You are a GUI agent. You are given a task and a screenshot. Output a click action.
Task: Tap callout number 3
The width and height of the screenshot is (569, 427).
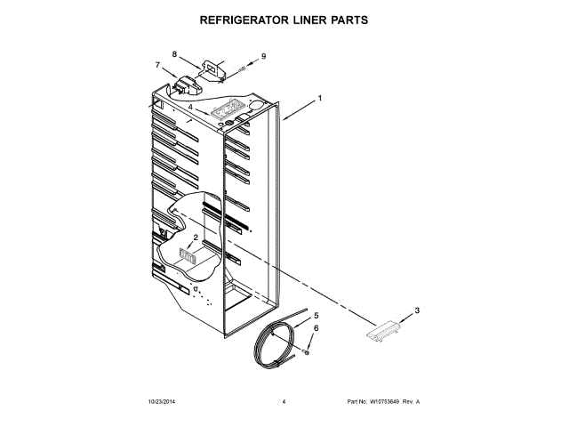click(416, 311)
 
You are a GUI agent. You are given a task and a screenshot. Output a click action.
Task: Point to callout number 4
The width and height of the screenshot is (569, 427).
click(189, 107)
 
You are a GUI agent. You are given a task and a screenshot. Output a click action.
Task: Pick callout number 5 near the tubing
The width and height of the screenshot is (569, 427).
click(316, 316)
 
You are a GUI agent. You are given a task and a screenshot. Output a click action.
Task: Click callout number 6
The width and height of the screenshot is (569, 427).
click(316, 329)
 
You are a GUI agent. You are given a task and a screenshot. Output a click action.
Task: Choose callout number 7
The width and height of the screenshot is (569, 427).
click(158, 65)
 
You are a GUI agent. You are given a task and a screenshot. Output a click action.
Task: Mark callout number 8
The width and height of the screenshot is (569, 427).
click(174, 53)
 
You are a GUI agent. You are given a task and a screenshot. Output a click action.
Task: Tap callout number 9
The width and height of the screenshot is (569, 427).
click(263, 57)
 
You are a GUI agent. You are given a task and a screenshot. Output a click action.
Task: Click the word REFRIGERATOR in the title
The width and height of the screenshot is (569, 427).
click(244, 18)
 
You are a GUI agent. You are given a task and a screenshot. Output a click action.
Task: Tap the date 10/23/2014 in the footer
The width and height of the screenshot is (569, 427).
click(162, 402)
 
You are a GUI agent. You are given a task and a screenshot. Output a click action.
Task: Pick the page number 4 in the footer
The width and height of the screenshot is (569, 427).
click(283, 402)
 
